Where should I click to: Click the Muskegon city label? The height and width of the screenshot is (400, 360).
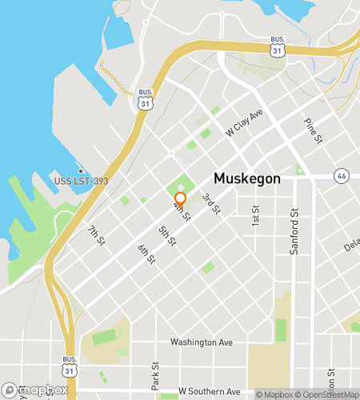(x=246, y=179)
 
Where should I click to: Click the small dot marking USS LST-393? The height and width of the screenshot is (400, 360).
(x=80, y=170)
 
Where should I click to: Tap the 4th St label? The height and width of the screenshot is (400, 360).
(x=182, y=212)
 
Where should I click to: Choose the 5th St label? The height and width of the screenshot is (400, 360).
(x=166, y=237)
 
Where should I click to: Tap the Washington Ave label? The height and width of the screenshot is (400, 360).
(x=201, y=342)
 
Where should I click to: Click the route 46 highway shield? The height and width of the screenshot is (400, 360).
(x=342, y=174)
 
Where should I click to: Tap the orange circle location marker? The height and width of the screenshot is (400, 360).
(x=181, y=198)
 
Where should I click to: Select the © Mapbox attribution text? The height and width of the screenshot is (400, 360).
(x=275, y=394)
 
